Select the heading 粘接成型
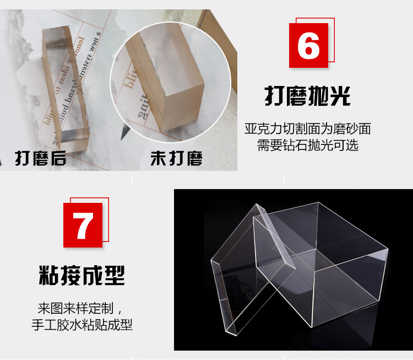point(82,275)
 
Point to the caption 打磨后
point(41,159)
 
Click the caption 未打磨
point(176,159)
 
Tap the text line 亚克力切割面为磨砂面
point(307,129)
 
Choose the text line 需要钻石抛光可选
point(307,146)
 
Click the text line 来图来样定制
point(80,307)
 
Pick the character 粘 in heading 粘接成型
point(49,275)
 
